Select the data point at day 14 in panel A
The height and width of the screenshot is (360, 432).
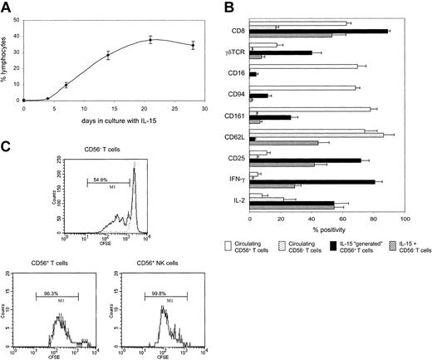108,56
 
